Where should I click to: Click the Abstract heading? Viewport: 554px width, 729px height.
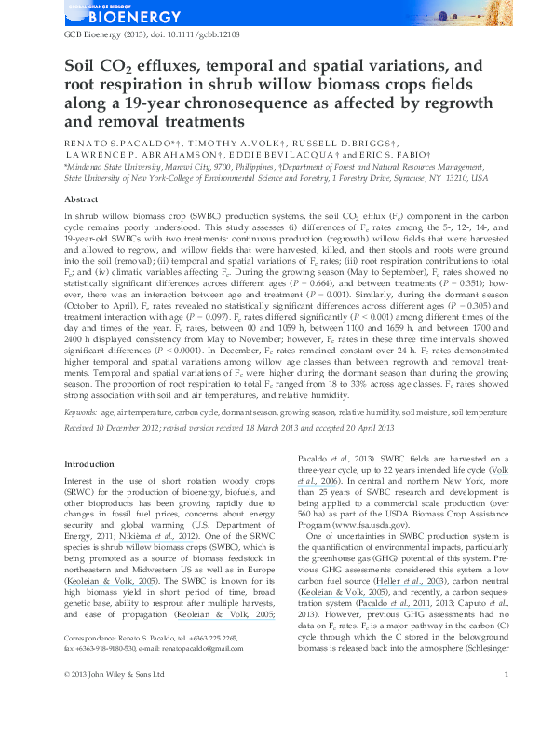(81, 199)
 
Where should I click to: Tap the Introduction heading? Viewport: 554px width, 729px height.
(88, 464)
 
